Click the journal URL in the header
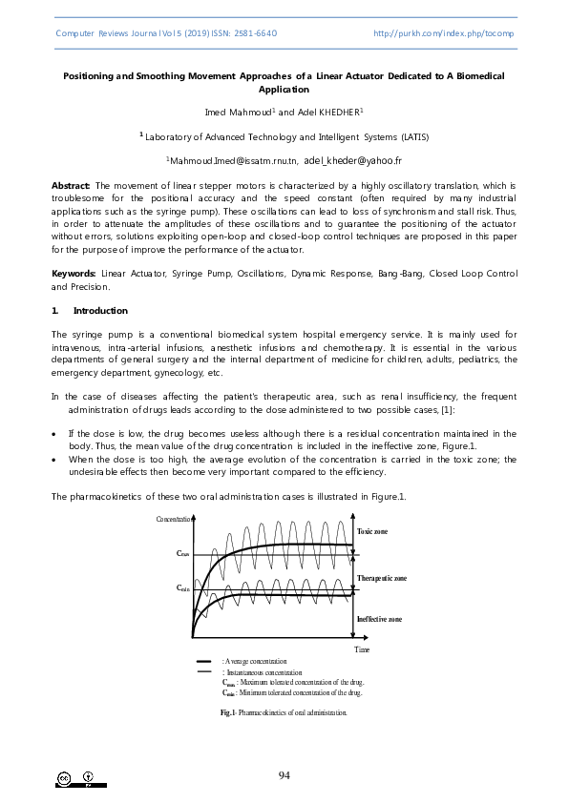click(445, 32)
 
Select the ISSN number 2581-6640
click(254, 32)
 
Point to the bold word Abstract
click(71, 185)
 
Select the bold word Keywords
click(74, 274)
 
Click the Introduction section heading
click(100, 311)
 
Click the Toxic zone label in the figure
click(372, 530)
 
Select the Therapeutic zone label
click(381, 578)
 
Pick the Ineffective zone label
click(379, 619)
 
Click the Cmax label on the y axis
click(183, 552)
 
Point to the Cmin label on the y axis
click(183, 588)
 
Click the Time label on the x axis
click(362, 649)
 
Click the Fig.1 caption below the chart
click(284, 712)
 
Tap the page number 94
click(284, 775)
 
